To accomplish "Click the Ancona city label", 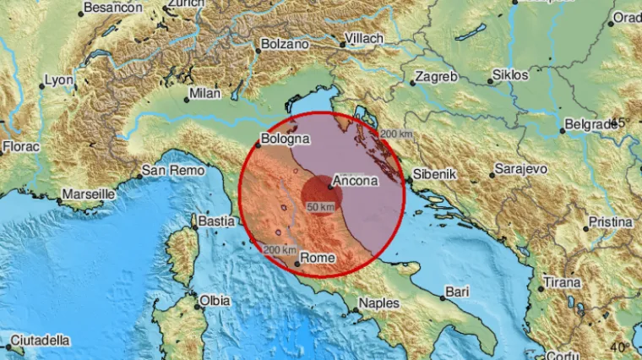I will point(356,179).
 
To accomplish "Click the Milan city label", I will point(205,92).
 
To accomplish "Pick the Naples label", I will point(378,303).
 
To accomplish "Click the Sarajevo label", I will point(521,169).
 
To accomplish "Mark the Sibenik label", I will point(434,174).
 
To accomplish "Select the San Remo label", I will point(165,170).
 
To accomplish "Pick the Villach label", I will point(366,39).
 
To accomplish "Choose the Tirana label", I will point(562,282).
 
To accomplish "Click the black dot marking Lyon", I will point(42,86).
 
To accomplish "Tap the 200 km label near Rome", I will point(279,250).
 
